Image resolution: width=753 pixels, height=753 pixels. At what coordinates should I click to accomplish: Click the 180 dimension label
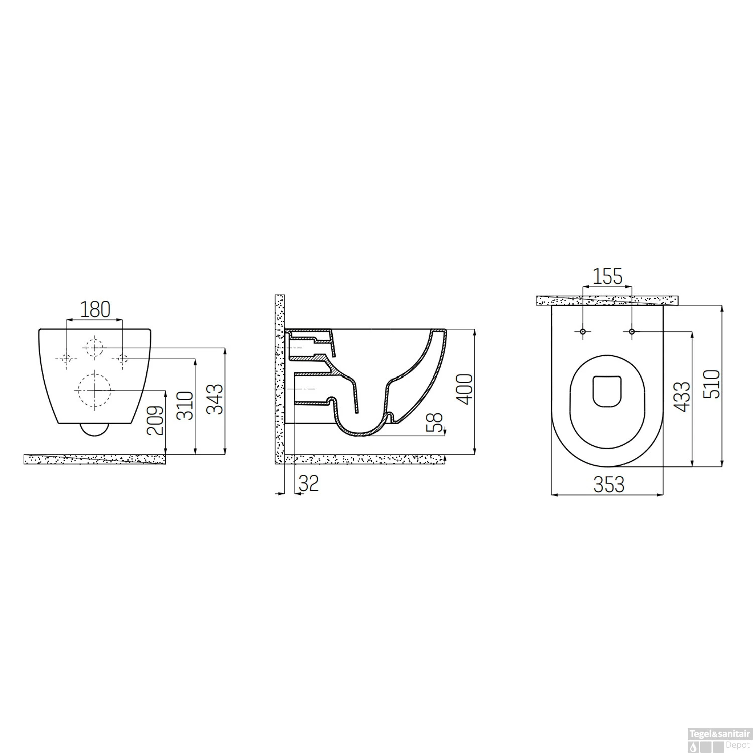point(95,309)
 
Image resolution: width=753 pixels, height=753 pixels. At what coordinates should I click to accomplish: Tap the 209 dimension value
point(156,420)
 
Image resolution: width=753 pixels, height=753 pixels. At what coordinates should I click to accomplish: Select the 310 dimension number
point(186,406)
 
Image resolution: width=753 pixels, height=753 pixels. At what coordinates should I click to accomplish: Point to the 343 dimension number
point(216,399)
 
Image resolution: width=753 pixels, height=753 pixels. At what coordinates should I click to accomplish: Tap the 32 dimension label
point(309,484)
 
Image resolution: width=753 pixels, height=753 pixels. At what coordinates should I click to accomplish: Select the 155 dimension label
point(607,276)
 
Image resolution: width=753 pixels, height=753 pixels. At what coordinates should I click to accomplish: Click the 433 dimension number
point(684,397)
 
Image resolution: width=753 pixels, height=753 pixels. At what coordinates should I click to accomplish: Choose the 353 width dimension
point(609,485)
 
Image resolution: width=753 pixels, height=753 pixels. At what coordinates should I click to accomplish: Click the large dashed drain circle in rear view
point(93,390)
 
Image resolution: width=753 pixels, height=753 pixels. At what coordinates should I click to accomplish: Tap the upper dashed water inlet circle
point(93,347)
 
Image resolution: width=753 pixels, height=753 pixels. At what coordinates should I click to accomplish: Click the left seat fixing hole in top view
point(583,332)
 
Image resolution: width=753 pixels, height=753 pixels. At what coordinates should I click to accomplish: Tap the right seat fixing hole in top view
point(632,332)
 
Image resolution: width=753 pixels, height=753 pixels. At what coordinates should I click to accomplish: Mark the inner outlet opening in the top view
point(607,391)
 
